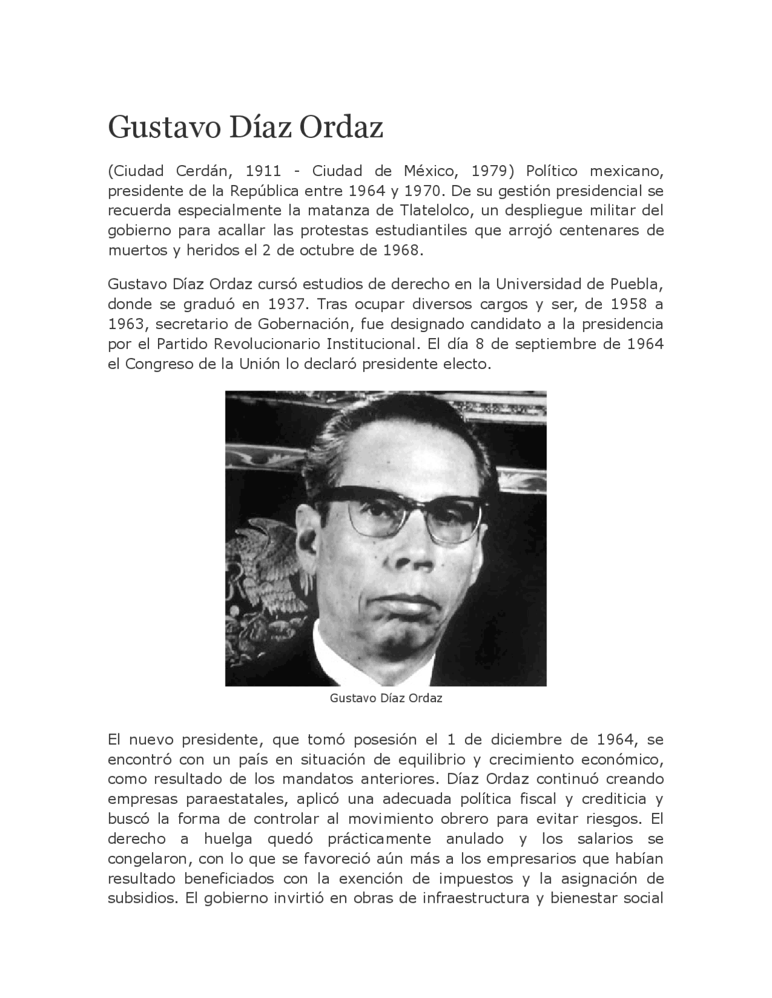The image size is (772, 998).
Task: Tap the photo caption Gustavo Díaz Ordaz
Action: (386, 698)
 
